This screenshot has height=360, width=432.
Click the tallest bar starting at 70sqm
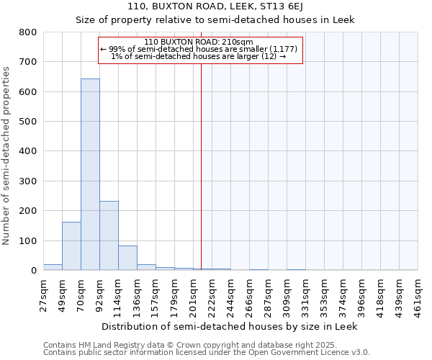click(x=90, y=174)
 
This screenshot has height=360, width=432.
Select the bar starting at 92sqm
click(x=109, y=235)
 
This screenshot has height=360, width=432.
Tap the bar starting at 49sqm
click(x=71, y=246)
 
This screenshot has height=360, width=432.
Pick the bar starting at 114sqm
click(x=127, y=258)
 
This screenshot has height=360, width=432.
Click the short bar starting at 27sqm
click(x=53, y=267)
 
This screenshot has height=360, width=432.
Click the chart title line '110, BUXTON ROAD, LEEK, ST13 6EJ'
click(x=215, y=6)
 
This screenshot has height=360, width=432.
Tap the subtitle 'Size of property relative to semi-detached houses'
click(x=215, y=19)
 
